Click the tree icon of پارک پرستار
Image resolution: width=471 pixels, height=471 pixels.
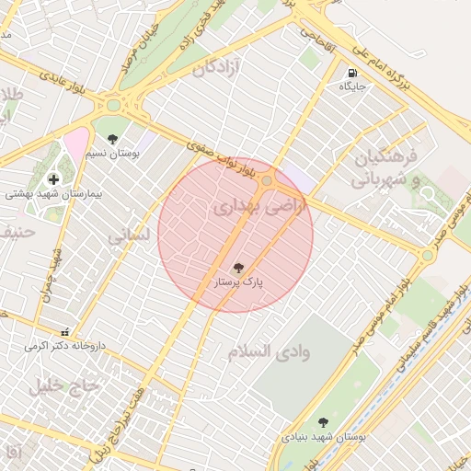tap(238, 269)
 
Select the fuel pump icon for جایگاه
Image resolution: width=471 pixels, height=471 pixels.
tap(352, 73)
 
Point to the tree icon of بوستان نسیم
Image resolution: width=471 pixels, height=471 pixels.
tap(112, 139)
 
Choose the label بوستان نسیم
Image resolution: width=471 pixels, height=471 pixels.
tap(113, 154)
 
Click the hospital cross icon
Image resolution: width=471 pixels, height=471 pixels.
tap(53, 178)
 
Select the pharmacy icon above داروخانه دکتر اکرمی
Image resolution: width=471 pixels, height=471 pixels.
tap(63, 331)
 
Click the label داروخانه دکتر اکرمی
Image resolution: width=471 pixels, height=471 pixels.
tap(62, 346)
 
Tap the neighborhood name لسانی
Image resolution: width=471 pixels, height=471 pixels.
tap(129, 236)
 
